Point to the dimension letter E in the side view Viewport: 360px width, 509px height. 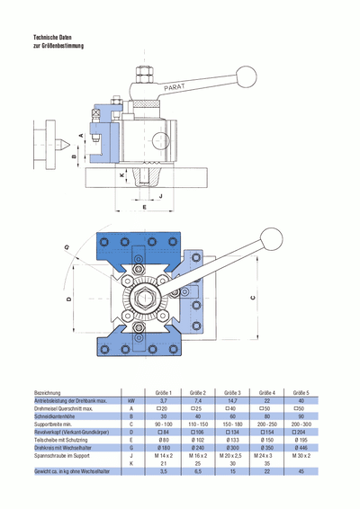(144, 207)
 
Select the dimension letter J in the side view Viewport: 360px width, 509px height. (159, 195)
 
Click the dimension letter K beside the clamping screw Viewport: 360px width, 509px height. (121, 177)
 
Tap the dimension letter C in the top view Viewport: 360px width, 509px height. (254, 297)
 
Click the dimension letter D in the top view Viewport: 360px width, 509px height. (68, 298)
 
